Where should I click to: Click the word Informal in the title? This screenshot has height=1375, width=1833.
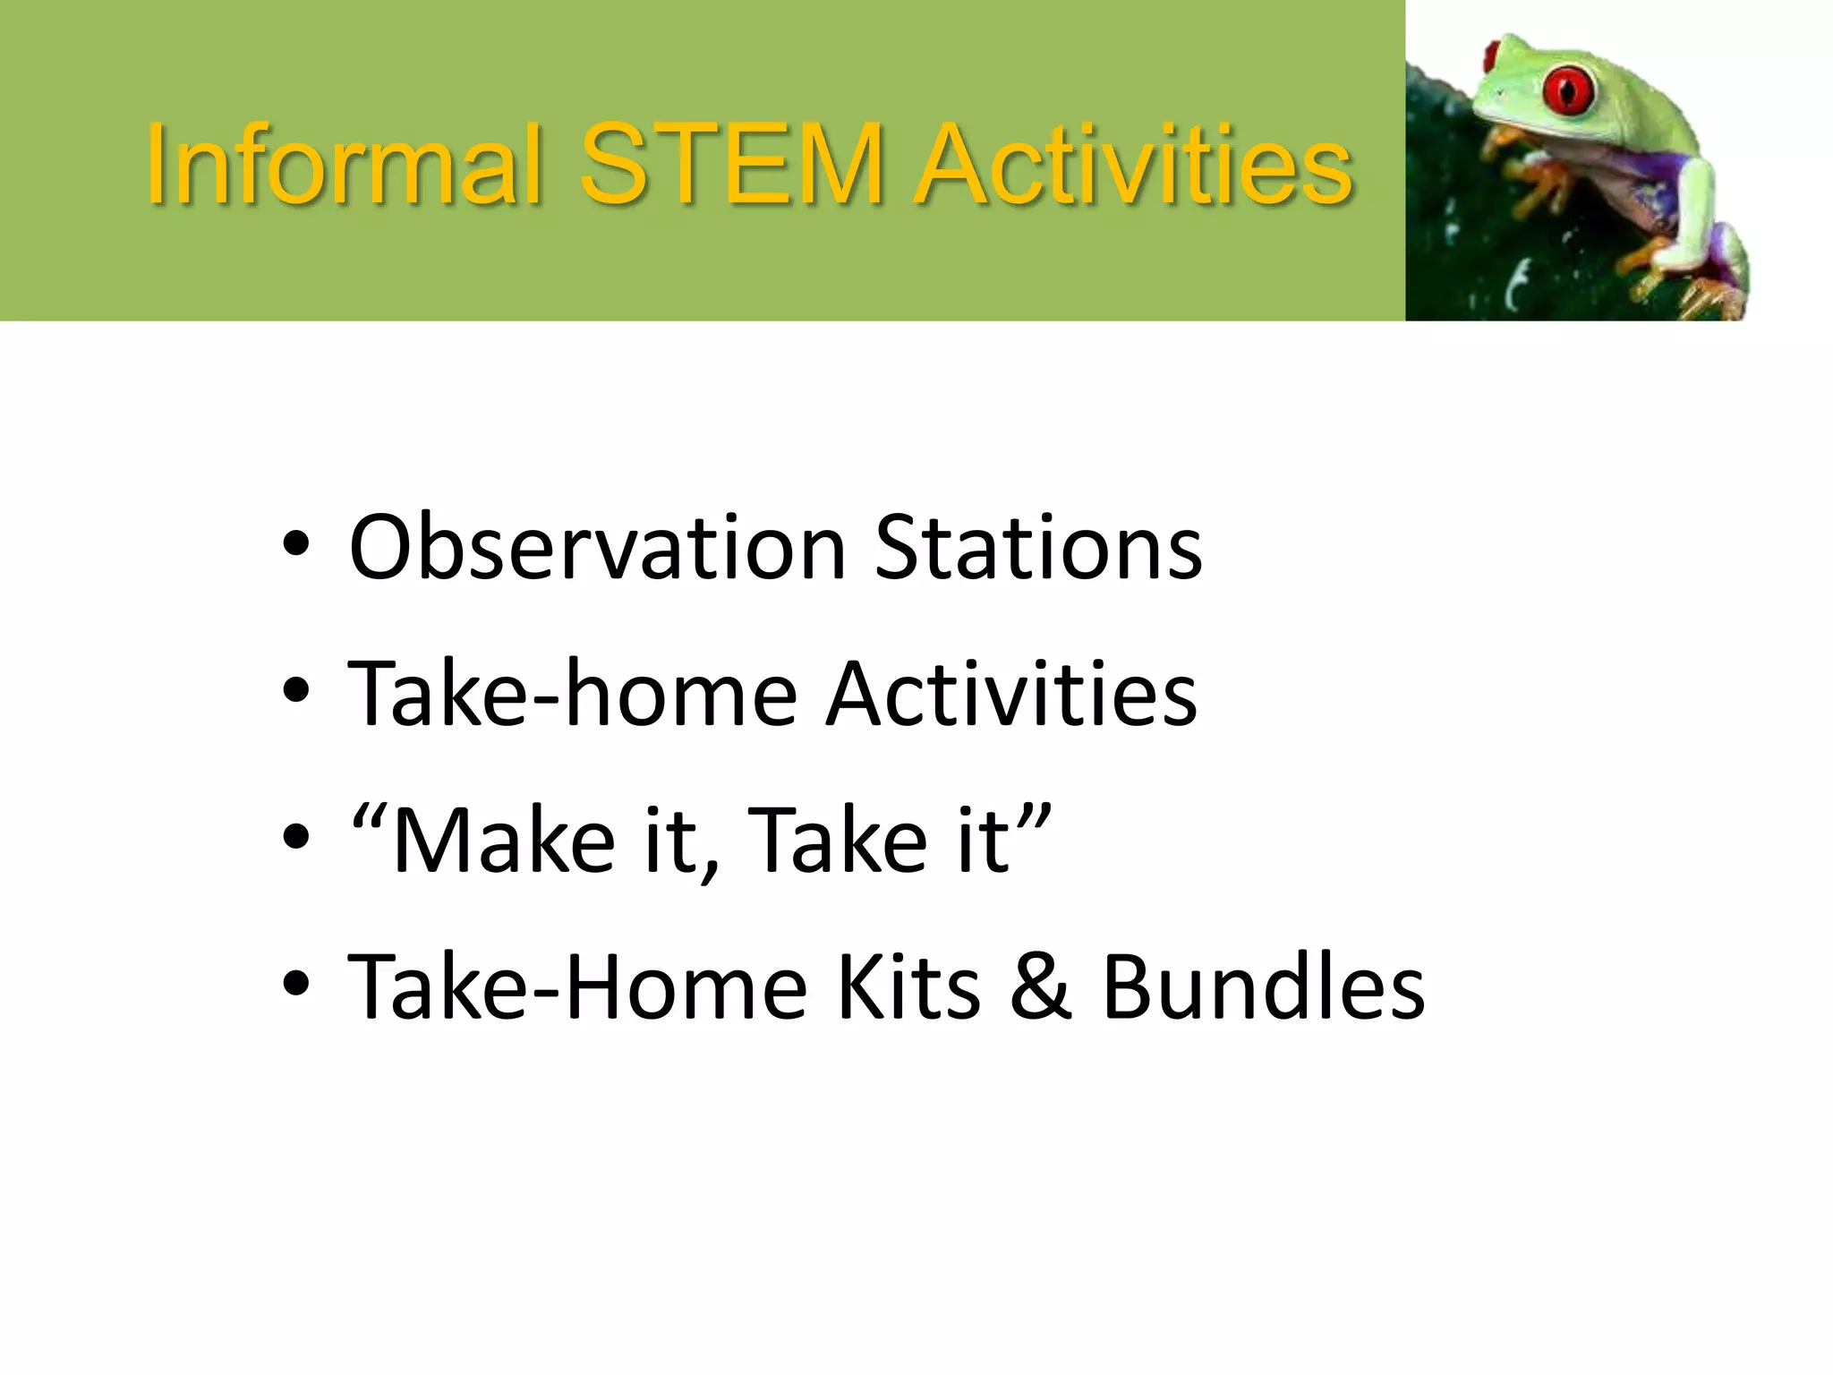345,166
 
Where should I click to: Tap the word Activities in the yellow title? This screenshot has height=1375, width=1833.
1133,166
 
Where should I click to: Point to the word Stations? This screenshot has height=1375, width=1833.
1038,547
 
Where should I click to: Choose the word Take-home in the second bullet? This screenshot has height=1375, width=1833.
572,694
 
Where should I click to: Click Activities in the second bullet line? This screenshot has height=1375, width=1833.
1011,694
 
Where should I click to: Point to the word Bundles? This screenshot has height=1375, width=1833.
1263,986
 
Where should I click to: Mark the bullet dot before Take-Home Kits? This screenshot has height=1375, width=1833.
295,984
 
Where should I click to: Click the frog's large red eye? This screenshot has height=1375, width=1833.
1568,90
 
